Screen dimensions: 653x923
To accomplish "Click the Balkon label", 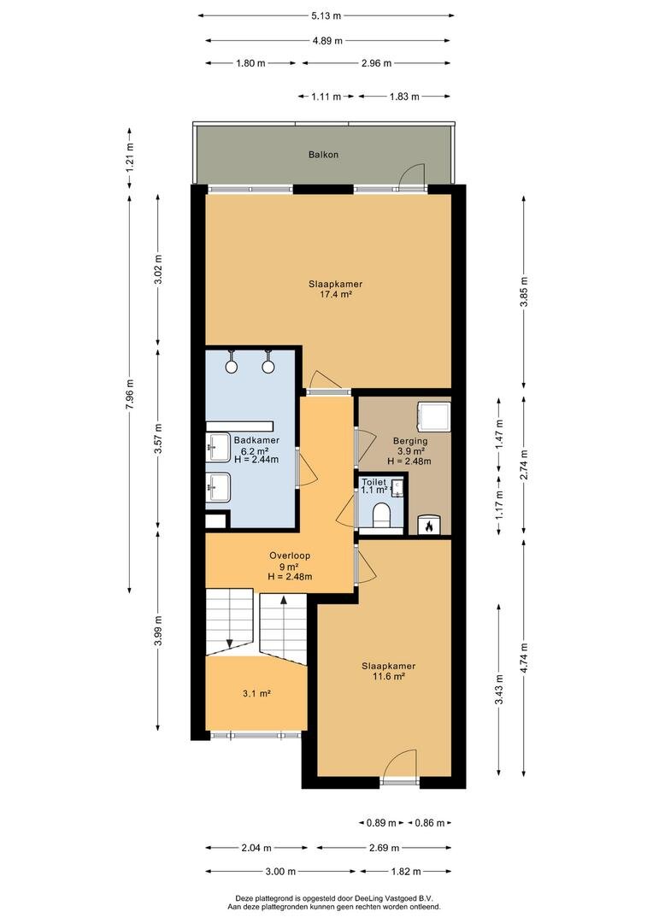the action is pos(323,155).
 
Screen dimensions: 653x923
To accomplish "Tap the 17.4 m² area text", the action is pos(336,294).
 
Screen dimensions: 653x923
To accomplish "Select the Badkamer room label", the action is pos(256,440).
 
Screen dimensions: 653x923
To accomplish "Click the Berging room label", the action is pos(410,441).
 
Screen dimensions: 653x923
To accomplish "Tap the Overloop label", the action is pos(290,556).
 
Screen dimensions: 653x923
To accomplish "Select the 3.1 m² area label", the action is pos(256,694).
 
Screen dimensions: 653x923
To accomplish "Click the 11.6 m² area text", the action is pos(389,677).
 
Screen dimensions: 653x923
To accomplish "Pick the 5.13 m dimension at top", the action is pos(326,16).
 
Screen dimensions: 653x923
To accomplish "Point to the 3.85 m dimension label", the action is pos(524,291).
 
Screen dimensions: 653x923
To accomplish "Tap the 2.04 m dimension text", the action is pos(256,849).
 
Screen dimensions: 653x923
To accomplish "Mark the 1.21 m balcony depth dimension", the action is pos(130,157).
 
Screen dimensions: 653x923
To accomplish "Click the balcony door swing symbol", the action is pos(411,175).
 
